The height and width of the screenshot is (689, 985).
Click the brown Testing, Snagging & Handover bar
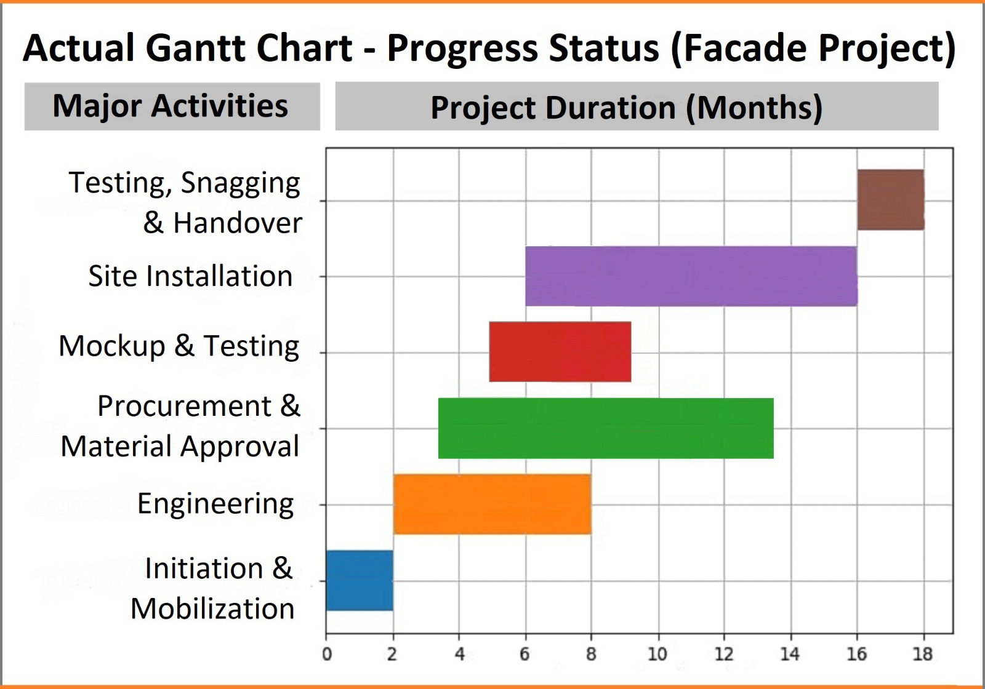[x=890, y=200]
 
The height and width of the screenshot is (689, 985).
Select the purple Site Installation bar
[x=691, y=276]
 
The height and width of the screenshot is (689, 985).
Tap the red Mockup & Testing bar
[x=560, y=352]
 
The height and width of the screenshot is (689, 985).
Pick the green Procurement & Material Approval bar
[x=606, y=428]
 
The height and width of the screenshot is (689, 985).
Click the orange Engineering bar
[x=492, y=504]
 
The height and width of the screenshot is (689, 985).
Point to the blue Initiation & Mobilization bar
[x=360, y=581]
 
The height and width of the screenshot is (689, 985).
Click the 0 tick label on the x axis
[x=327, y=654]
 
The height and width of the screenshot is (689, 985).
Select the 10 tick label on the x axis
[x=657, y=654]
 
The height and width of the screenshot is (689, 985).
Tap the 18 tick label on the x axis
[x=922, y=654]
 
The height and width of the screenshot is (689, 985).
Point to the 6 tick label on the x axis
[x=525, y=654]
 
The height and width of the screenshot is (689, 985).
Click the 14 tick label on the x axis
[x=790, y=654]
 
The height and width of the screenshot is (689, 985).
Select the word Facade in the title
[x=744, y=48]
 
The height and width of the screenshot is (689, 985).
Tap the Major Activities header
[x=171, y=106]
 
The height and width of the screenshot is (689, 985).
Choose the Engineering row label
[x=215, y=504]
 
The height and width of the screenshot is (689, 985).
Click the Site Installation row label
[x=190, y=276]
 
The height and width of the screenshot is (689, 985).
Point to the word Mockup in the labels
[x=112, y=346]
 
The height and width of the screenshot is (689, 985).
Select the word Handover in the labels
[x=238, y=223]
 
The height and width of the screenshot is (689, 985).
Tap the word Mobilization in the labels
[x=212, y=608]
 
